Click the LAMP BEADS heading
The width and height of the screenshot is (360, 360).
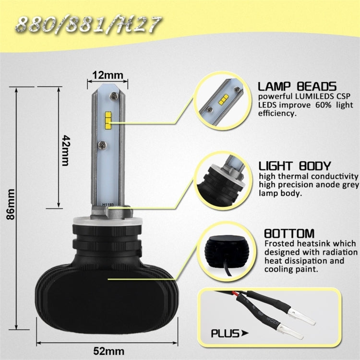297,86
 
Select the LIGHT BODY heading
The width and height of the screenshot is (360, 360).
294,166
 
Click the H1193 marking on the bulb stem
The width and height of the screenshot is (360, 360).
108,204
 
